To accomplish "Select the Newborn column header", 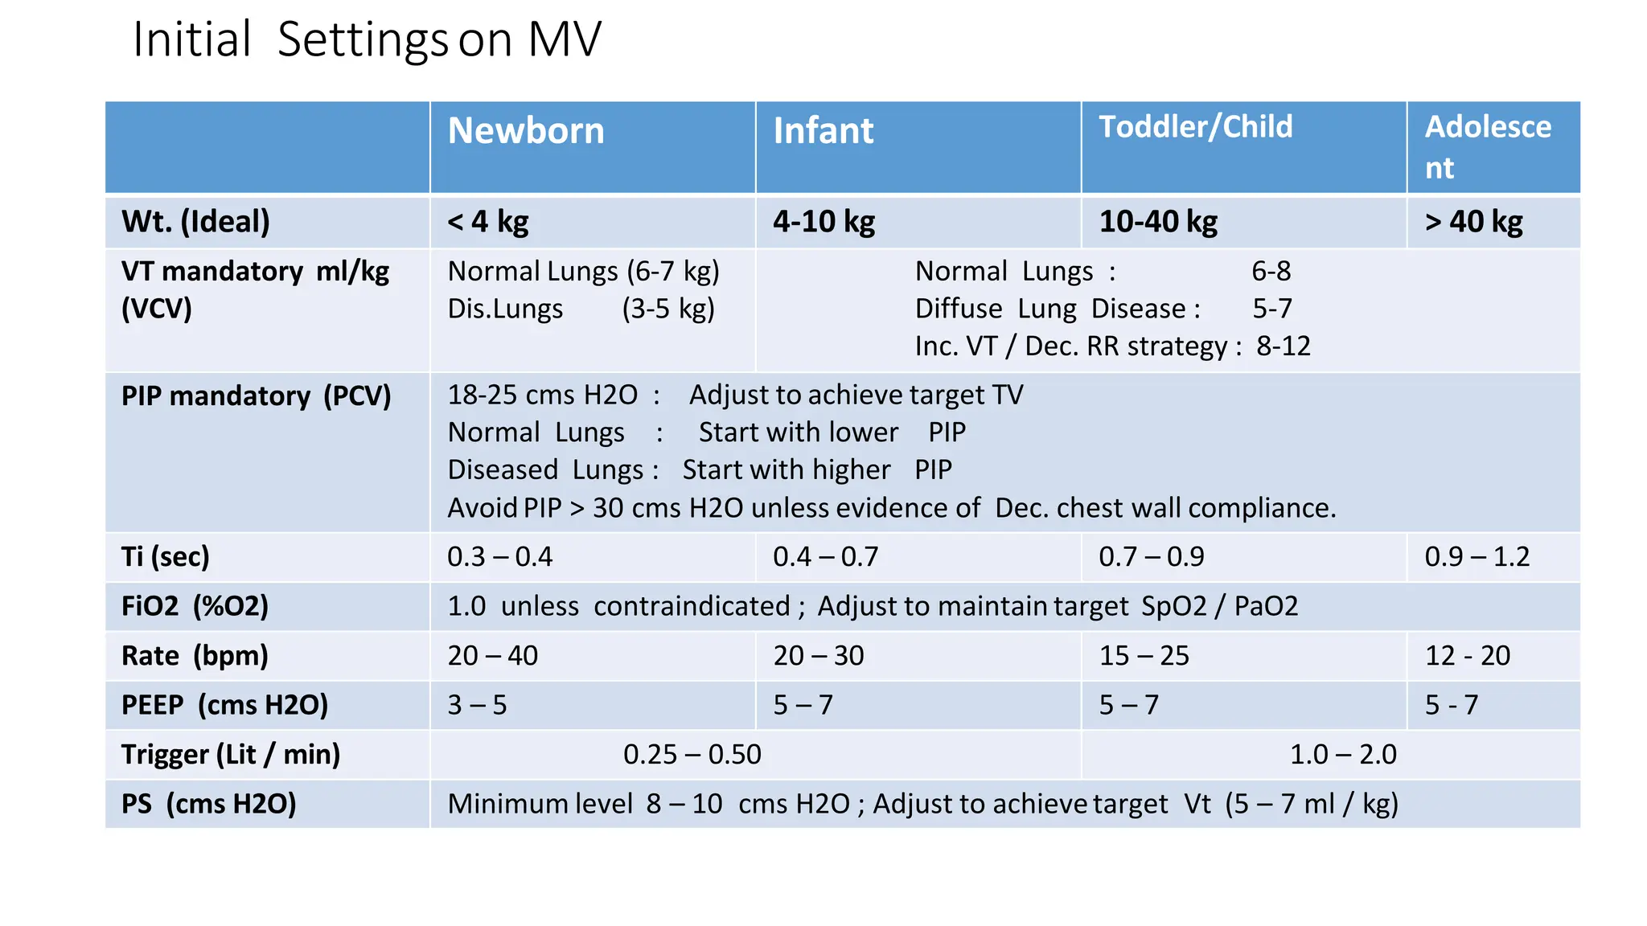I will pyautogui.click(x=526, y=131).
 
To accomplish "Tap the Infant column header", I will pyautogui.click(x=823, y=131).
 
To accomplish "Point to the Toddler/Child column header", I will pyautogui.click(x=1196, y=127).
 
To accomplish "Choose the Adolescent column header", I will pyautogui.click(x=1488, y=146).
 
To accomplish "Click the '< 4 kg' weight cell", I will pyautogui.click(x=488, y=222).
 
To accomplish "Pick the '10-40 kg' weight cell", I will pyautogui.click(x=1158, y=222).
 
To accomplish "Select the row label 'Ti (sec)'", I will pyautogui.click(x=166, y=556).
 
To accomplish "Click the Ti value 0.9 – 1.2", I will pyautogui.click(x=1477, y=556).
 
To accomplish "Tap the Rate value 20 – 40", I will pyautogui.click(x=492, y=656).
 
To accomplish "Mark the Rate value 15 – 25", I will pyautogui.click(x=1144, y=656).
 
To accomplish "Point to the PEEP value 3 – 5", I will pyautogui.click(x=477, y=705).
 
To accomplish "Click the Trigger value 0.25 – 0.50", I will pyautogui.click(x=692, y=755).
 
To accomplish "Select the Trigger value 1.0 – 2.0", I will pyautogui.click(x=1343, y=755).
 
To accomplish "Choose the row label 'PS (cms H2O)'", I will pyautogui.click(x=209, y=804).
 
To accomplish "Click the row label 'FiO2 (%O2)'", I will pyautogui.click(x=195, y=606).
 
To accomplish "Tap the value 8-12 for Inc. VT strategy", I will pyautogui.click(x=1284, y=346).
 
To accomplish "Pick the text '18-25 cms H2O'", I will pyautogui.click(x=542, y=395).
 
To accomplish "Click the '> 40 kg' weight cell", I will pyautogui.click(x=1473, y=222).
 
